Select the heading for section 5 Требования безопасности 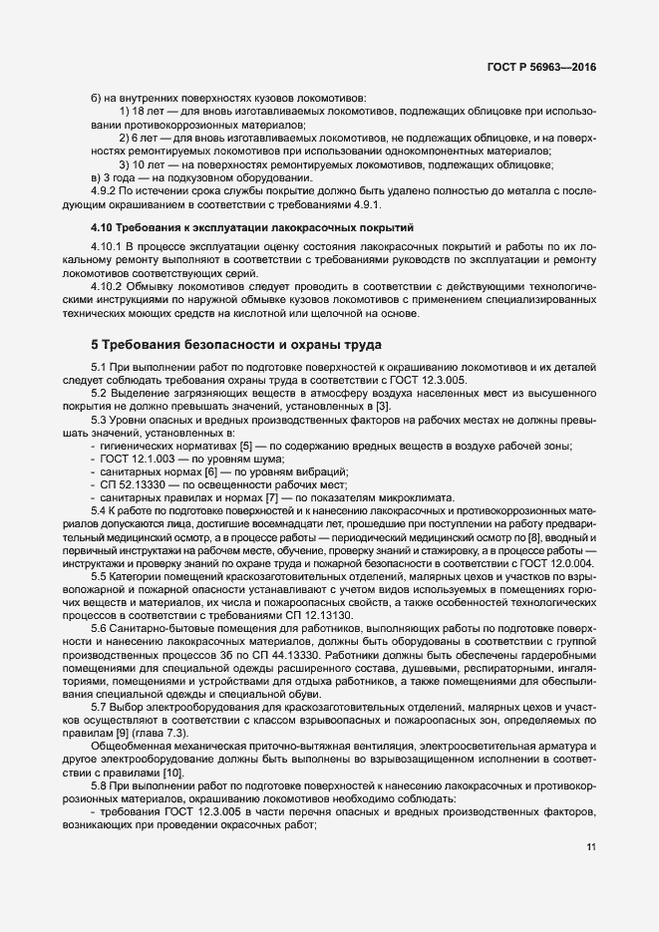[235, 346]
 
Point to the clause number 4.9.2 [105, 190]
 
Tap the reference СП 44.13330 [294, 642]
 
